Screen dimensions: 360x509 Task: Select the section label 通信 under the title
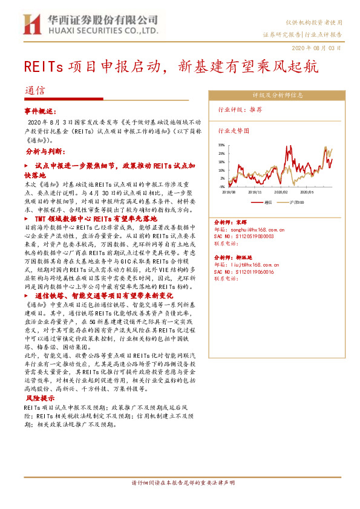pyautogui.click(x=34, y=91)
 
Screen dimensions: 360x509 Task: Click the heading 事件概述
pyautogui.click(x=41, y=112)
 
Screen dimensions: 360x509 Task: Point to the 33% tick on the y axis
pyautogui.click(x=221, y=145)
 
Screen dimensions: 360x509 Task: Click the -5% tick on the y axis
pyautogui.click(x=222, y=187)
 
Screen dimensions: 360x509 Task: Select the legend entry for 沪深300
pyautogui.click(x=296, y=201)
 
